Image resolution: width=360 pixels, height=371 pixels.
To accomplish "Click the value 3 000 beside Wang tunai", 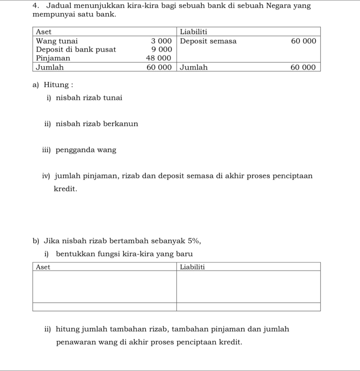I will pyautogui.click(x=161, y=41).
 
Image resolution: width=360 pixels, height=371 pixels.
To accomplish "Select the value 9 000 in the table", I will pyautogui.click(x=161, y=49).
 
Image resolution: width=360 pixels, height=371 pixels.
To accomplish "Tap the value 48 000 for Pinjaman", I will pyautogui.click(x=159, y=58).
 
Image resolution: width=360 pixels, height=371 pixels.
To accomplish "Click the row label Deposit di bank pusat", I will pyautogui.click(x=76, y=49).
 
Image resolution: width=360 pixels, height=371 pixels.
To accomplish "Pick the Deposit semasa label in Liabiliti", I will pyautogui.click(x=208, y=41).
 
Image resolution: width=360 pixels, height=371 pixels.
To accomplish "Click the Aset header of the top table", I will pyautogui.click(x=43, y=32).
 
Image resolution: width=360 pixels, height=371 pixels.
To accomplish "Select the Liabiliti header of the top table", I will pyautogui.click(x=193, y=32).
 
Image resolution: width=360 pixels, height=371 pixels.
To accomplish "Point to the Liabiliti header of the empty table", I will pyautogui.click(x=192, y=267).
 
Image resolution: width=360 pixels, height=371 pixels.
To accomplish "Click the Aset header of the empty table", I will pyautogui.click(x=43, y=267).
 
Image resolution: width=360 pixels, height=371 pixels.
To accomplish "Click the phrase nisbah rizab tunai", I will pyautogui.click(x=89, y=98).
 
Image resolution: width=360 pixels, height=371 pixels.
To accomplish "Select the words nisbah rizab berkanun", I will pyautogui.click(x=97, y=124).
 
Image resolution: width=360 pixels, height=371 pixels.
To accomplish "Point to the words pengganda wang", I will pyautogui.click(x=86, y=150).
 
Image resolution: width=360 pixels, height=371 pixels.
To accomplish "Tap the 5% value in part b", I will pyautogui.click(x=194, y=241).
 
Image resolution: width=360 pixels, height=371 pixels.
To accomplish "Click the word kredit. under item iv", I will pyautogui.click(x=65, y=189).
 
